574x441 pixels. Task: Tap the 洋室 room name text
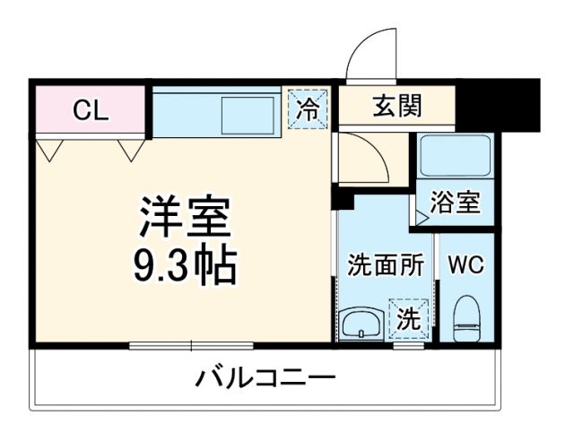pos(185,216)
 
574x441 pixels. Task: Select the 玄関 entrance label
pos(396,108)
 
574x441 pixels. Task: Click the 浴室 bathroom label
pos(455,203)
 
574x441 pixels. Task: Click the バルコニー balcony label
pos(266,377)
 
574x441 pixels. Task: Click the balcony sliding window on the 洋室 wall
pos(191,345)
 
